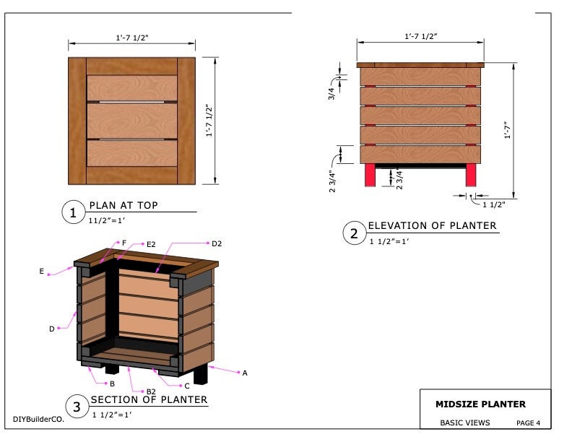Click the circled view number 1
[72, 212]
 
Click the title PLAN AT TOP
[123, 206]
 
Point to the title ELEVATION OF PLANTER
[433, 226]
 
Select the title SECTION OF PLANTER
[149, 399]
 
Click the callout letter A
[245, 373]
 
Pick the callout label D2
[217, 243]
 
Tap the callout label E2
[152, 244]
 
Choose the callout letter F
[124, 243]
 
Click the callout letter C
[187, 386]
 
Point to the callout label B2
[151, 391]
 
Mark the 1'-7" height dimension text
[508, 130]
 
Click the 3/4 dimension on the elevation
[331, 93]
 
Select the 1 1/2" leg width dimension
[493, 204]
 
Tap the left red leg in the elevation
[370, 175]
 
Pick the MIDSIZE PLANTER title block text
[480, 404]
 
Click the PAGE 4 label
[528, 422]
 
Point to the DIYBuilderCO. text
[38, 419]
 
